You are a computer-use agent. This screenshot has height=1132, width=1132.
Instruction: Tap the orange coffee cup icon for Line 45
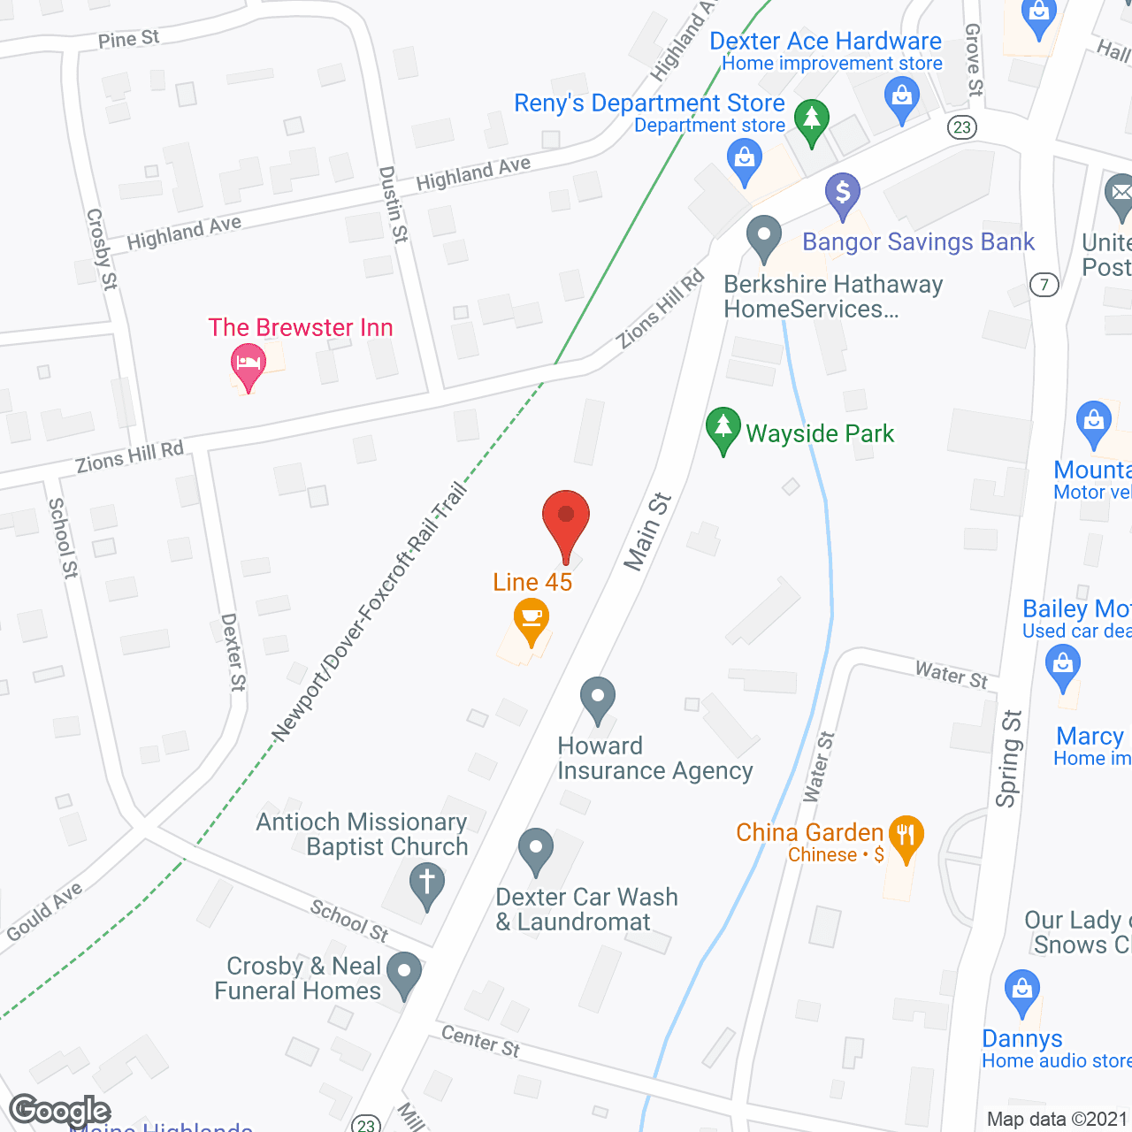coord(531,618)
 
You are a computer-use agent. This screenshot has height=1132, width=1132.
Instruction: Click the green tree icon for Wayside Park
coord(723,428)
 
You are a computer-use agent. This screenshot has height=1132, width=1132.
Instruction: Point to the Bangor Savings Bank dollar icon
coord(842,194)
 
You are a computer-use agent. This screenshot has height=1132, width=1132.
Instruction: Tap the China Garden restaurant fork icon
coord(905,836)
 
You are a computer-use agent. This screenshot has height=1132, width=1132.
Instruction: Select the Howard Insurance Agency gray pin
coord(598,699)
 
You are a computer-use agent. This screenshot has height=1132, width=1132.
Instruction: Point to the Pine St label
coord(129,39)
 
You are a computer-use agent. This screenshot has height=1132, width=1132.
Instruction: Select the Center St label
coord(480,1041)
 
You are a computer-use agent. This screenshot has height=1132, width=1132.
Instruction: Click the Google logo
coord(59,1111)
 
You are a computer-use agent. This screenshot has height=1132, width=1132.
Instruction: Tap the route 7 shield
coord(1044,285)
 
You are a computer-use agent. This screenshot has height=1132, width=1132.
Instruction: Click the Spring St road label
coord(1009,758)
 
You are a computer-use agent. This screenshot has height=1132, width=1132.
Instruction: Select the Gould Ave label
coord(44,912)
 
